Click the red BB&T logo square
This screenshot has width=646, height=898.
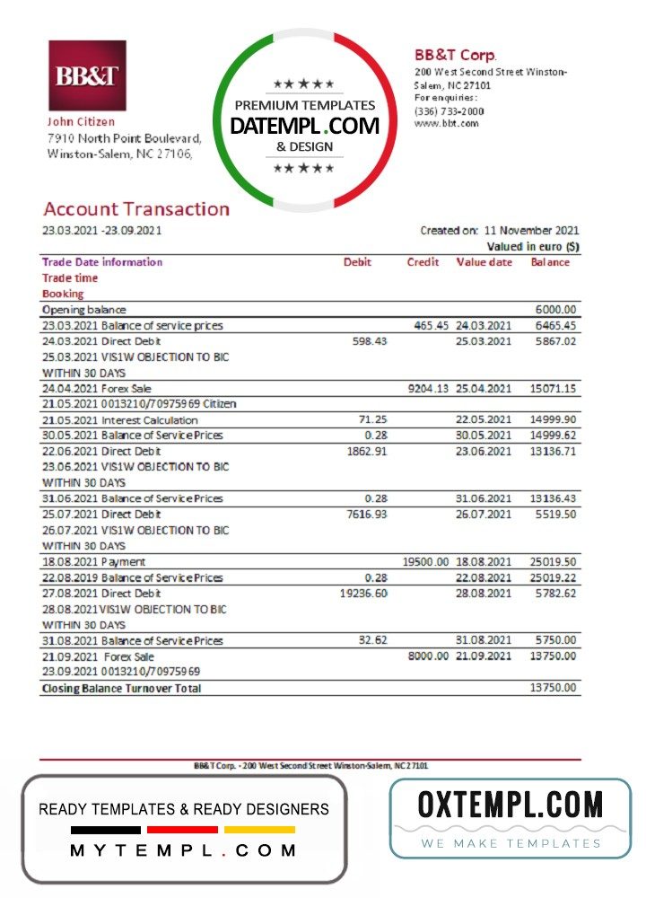[x=86, y=75]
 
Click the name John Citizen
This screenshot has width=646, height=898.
[x=81, y=121]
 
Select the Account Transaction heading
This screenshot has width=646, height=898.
[x=136, y=209]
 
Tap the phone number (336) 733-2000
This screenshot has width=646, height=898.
[x=449, y=111]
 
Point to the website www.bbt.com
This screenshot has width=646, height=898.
[x=446, y=123]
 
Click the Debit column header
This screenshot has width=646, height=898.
[x=357, y=262]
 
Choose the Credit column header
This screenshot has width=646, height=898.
[x=423, y=262]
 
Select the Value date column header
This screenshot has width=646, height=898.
[x=484, y=262]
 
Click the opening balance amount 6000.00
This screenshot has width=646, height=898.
[x=559, y=309]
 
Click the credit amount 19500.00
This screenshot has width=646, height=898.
[x=425, y=561]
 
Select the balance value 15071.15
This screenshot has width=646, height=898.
[x=554, y=389]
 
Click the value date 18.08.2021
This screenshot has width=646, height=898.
[x=484, y=561]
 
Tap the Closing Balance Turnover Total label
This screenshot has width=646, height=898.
[x=122, y=689]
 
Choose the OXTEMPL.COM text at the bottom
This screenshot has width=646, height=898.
[x=511, y=804]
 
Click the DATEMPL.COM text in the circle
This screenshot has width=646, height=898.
[x=305, y=127]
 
